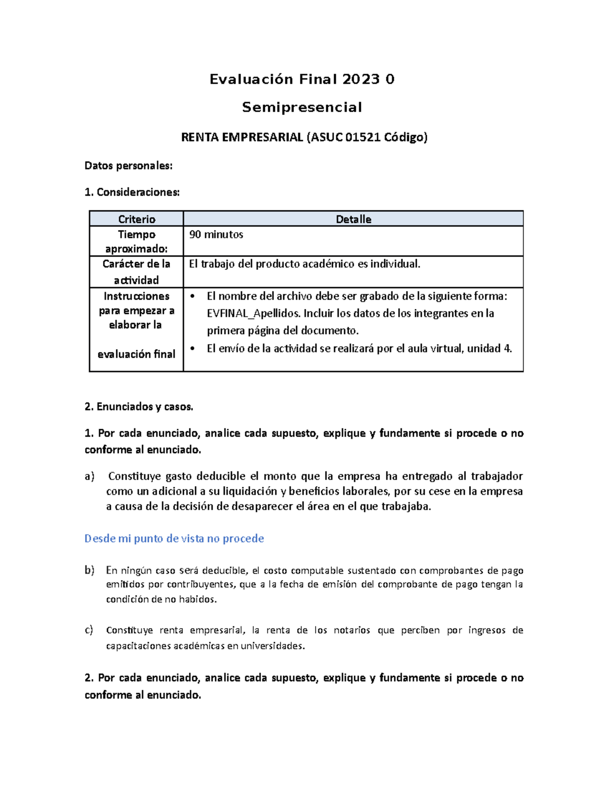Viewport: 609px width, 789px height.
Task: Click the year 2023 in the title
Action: point(361,79)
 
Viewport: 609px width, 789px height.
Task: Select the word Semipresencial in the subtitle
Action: point(302,107)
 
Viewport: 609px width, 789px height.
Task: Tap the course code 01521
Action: point(362,137)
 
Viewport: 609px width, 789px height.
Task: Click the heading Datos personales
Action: point(128,166)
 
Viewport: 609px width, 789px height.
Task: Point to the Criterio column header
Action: point(137,219)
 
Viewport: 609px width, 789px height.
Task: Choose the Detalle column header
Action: point(353,219)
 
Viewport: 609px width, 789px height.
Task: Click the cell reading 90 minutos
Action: point(216,235)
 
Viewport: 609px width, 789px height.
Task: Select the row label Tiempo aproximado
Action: point(137,241)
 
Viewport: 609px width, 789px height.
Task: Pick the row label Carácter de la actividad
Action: point(137,272)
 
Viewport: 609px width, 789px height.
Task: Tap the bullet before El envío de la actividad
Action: point(192,349)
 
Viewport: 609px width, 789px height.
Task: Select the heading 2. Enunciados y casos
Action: point(139,406)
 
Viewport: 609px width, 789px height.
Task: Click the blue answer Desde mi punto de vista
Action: point(174,539)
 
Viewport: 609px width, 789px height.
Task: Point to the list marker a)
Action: point(89,477)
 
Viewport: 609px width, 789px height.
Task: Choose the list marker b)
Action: point(89,571)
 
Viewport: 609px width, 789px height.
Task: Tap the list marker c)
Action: point(89,630)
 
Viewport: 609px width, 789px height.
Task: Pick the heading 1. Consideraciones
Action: point(132,192)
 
